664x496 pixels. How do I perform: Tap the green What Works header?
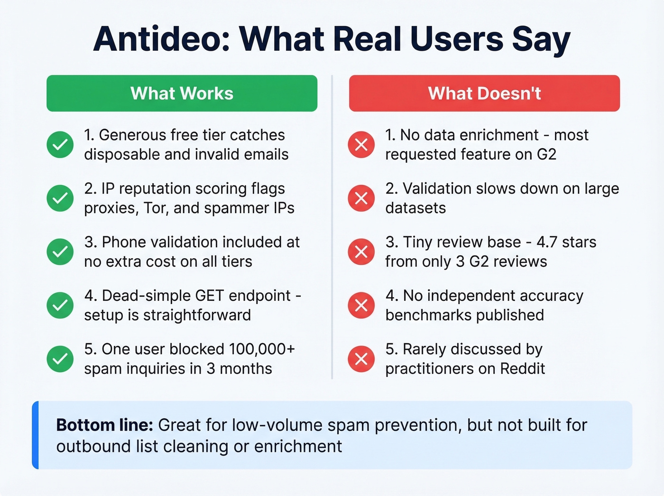click(x=182, y=94)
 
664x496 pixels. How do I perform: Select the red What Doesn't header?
click(x=484, y=94)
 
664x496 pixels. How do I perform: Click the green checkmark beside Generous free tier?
click(x=60, y=144)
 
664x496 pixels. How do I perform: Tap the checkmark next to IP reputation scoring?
click(x=60, y=198)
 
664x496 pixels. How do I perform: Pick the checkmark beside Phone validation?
click(x=60, y=252)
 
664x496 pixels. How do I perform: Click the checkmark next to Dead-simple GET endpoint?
click(x=60, y=305)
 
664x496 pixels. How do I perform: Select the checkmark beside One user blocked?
click(x=60, y=359)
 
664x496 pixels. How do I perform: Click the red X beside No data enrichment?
click(x=361, y=144)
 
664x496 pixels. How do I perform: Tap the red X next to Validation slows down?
click(x=361, y=198)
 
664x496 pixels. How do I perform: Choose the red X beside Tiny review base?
click(x=361, y=252)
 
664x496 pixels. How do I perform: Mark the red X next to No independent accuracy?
click(x=361, y=305)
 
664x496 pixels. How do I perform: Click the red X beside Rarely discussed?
click(x=361, y=359)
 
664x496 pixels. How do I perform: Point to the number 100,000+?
click(x=262, y=349)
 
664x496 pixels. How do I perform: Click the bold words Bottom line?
click(x=104, y=425)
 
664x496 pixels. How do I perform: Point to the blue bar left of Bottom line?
click(x=35, y=435)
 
